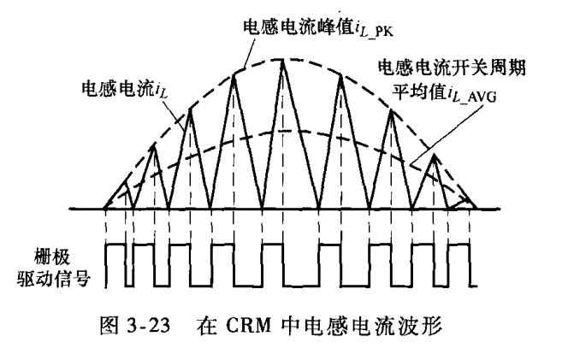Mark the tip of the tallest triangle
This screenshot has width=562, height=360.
[x=283, y=58]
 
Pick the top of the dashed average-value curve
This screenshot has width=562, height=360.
[x=283, y=130]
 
